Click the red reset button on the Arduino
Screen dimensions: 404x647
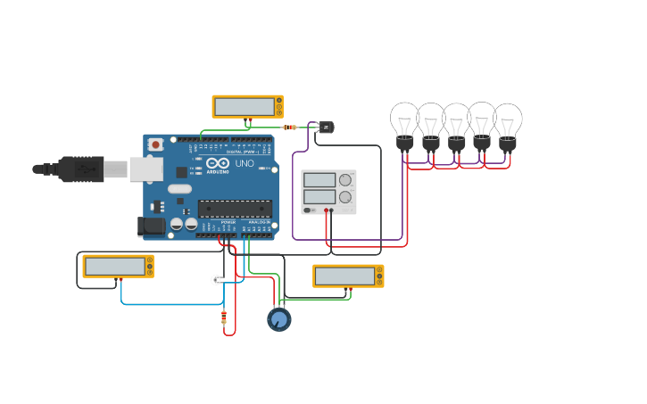point(156,144)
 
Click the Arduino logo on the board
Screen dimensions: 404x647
point(218,164)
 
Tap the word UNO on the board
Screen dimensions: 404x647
point(244,164)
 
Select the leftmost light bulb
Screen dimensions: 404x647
point(404,123)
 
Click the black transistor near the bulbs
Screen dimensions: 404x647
point(326,128)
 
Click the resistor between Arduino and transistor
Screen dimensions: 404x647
point(289,128)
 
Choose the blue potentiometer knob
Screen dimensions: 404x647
point(279,318)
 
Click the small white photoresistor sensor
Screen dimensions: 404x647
point(216,280)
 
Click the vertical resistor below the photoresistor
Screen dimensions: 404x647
point(223,317)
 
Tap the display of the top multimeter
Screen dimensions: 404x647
point(243,106)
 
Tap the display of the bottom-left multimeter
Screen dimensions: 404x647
point(115,266)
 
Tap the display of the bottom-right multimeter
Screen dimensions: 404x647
point(344,276)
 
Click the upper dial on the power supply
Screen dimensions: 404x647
point(345,179)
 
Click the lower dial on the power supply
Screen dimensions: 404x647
point(345,196)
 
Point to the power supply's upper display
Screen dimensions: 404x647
point(319,179)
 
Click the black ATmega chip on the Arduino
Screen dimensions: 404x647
point(235,209)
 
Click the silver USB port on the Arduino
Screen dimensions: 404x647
point(145,169)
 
